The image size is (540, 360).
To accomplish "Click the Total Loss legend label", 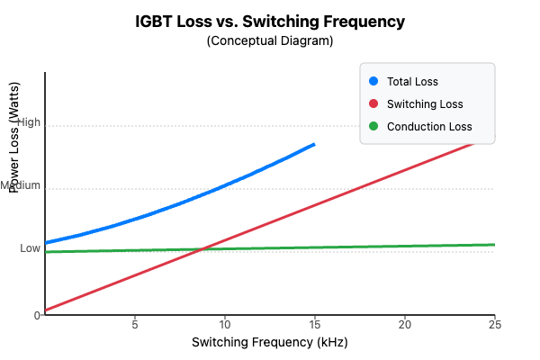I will click(x=412, y=82).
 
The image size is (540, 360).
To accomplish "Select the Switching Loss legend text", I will click(x=425, y=104).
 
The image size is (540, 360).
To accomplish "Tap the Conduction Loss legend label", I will click(x=429, y=127).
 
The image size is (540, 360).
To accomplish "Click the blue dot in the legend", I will click(x=373, y=82).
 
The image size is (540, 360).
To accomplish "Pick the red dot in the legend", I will click(x=373, y=104).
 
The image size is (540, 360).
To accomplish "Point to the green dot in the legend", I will click(x=373, y=127).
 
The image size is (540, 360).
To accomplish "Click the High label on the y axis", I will click(x=29, y=122).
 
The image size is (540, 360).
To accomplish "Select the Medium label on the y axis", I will click(x=21, y=185).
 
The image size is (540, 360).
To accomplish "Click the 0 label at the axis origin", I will click(x=38, y=315).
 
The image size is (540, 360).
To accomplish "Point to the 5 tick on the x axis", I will click(x=135, y=324).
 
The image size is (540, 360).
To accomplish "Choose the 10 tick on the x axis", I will click(x=225, y=324).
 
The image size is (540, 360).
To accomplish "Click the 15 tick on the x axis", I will click(x=315, y=324).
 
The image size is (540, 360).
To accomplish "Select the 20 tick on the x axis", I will click(x=405, y=324).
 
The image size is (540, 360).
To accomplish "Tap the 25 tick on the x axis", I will click(x=494, y=324).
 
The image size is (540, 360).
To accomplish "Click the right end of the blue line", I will click(x=315, y=144).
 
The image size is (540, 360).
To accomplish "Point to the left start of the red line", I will click(x=46, y=310).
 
